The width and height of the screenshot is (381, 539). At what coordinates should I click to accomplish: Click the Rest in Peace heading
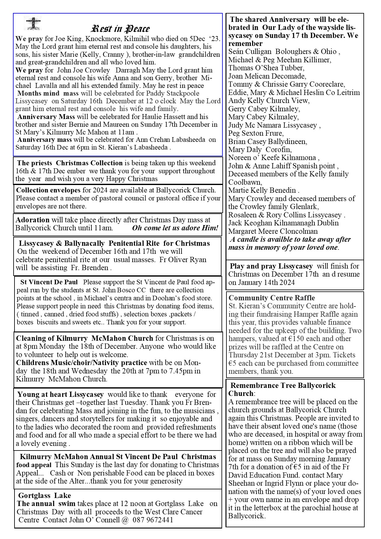pos(120,29)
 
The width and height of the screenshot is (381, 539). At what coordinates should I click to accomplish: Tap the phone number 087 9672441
pos(153,520)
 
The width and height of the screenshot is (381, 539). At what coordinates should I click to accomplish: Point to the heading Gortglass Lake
pos(44,496)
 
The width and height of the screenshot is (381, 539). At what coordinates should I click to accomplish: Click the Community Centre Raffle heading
pos(272,298)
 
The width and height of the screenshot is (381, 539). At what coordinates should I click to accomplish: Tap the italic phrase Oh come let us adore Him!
pos(175,228)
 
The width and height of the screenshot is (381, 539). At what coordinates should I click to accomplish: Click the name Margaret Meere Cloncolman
pos(273,231)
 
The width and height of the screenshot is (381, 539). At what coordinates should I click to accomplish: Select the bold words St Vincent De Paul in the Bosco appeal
pos(49,282)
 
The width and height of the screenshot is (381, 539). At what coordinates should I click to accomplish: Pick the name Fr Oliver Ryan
pos(183,260)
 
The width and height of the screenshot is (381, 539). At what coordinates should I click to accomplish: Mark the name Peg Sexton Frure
pos(256,133)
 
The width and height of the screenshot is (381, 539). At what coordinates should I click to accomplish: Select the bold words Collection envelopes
pos(48,190)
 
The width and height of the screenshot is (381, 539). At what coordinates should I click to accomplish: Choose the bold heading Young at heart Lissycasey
pos(60,394)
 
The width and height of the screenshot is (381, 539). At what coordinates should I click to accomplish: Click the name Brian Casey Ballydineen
pos(267,142)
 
